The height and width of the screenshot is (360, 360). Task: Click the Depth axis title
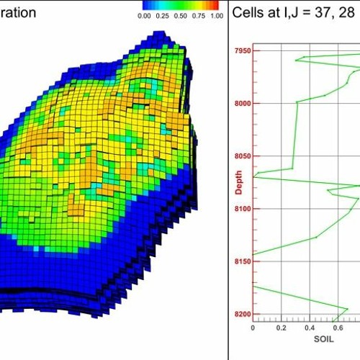pyautogui.click(x=238, y=181)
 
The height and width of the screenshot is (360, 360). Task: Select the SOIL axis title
pyautogui.click(x=321, y=338)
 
